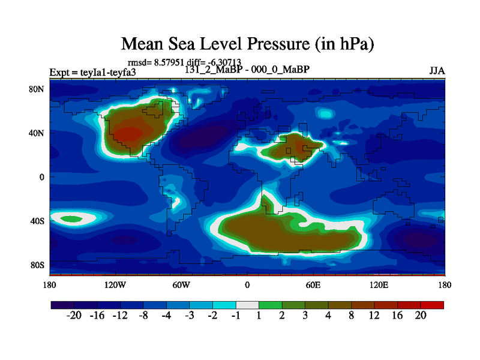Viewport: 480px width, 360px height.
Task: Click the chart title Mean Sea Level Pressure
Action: (247, 44)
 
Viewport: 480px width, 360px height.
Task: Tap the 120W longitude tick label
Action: (115, 284)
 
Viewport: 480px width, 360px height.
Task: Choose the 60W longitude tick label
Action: (181, 284)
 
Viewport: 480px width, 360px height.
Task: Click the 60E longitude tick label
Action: (313, 284)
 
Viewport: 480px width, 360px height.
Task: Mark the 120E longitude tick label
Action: (379, 284)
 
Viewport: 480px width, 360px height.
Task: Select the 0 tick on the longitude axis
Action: (247, 284)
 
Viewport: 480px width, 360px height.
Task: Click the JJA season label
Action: (437, 71)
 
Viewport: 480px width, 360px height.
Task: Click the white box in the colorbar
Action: (247, 305)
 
